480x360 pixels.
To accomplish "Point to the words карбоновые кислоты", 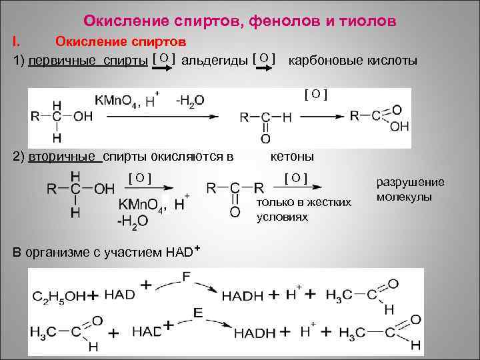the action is tap(353, 61).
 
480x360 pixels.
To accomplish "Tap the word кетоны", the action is tap(292, 157).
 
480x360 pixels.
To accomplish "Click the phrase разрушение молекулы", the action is tap(410, 189).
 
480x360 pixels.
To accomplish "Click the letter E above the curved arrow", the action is tap(197, 311).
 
